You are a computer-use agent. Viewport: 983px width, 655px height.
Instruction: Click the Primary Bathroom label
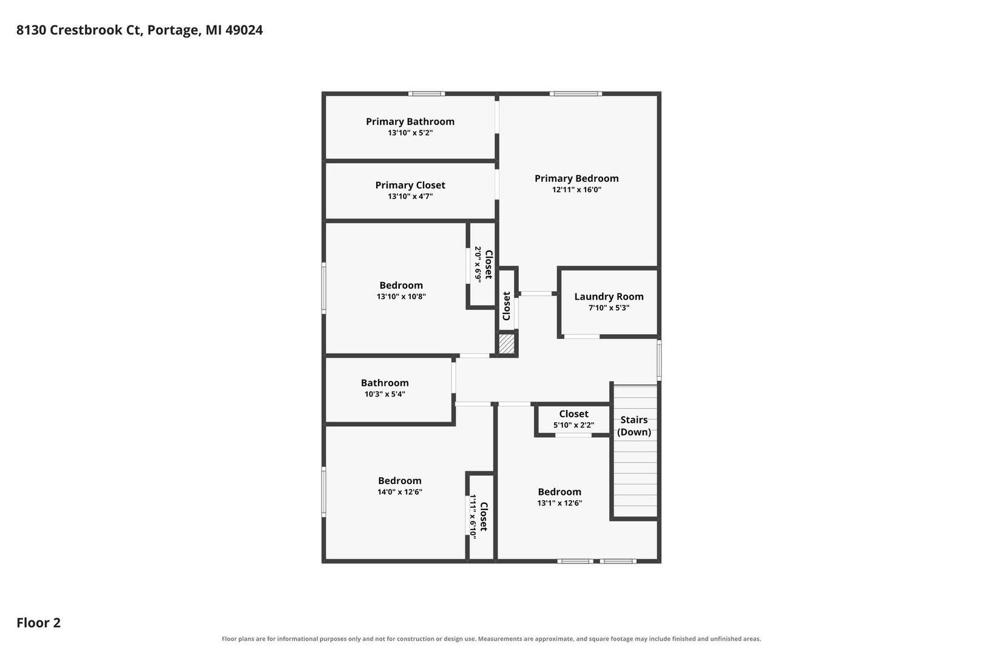click(410, 121)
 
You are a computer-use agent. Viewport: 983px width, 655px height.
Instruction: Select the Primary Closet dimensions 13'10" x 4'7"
click(410, 196)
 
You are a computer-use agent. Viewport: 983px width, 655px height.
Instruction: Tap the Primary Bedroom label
click(576, 178)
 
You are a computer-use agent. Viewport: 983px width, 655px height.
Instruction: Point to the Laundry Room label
click(609, 297)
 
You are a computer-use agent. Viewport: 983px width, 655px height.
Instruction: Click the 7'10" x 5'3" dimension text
click(609, 307)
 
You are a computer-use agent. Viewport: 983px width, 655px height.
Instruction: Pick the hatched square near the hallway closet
click(507, 344)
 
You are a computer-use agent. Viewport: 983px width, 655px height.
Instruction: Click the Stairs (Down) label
click(633, 426)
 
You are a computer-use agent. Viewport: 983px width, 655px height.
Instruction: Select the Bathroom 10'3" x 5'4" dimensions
click(385, 394)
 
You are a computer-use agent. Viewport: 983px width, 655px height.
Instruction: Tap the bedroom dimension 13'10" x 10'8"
click(401, 297)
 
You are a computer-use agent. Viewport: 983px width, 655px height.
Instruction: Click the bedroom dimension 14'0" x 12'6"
click(400, 492)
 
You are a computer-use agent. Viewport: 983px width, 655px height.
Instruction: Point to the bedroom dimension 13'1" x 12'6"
click(559, 503)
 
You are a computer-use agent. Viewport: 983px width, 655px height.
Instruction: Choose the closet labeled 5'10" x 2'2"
click(573, 419)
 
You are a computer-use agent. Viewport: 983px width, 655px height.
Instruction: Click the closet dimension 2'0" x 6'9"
click(478, 264)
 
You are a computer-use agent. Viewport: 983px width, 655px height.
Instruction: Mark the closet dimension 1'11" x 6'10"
click(473, 516)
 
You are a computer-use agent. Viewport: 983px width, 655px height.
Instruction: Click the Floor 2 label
click(39, 622)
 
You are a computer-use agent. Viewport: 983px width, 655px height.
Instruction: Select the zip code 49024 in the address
click(244, 30)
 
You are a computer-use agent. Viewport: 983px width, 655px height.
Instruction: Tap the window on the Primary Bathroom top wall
click(427, 93)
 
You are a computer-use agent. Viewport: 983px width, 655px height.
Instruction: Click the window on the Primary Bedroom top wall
click(576, 93)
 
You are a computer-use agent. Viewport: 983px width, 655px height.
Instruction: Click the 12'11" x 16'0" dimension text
click(576, 189)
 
